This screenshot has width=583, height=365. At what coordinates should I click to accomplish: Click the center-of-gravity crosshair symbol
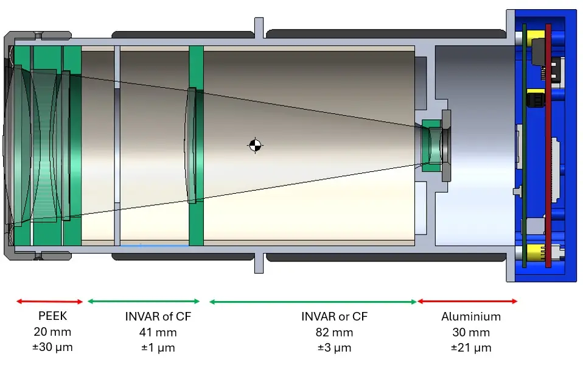click(256, 144)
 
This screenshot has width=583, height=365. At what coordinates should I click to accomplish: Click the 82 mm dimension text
click(334, 333)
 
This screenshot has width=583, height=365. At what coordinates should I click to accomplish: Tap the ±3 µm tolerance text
click(334, 348)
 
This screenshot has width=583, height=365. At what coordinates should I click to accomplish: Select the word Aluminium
click(471, 317)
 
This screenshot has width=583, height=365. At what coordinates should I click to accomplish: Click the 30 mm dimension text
click(471, 333)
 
